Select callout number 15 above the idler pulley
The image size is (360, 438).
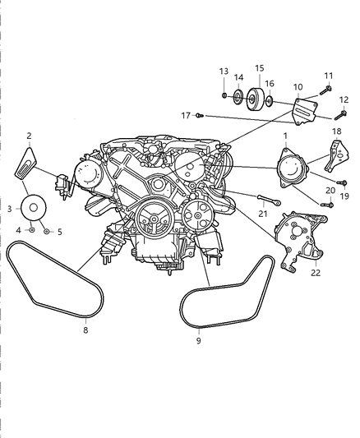[260, 68]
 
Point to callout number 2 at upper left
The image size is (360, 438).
[29, 136]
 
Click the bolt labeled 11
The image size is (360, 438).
[327, 90]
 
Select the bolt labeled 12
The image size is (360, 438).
[342, 113]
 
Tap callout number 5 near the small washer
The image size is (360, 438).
[58, 233]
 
